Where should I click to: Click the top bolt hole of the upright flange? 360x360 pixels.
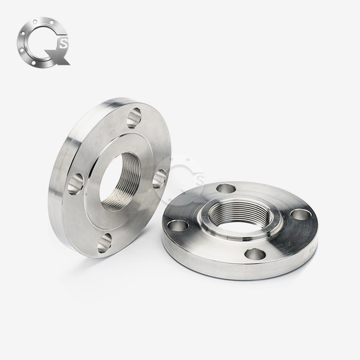tap(134, 118)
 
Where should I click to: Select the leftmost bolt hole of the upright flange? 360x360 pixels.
tap(75, 183)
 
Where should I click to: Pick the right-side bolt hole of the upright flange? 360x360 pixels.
tap(159, 179)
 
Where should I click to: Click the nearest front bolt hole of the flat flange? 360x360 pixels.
tap(254, 254)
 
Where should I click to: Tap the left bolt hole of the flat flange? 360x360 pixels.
tap(179, 225)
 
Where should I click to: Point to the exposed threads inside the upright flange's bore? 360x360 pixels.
tap(116, 194)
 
